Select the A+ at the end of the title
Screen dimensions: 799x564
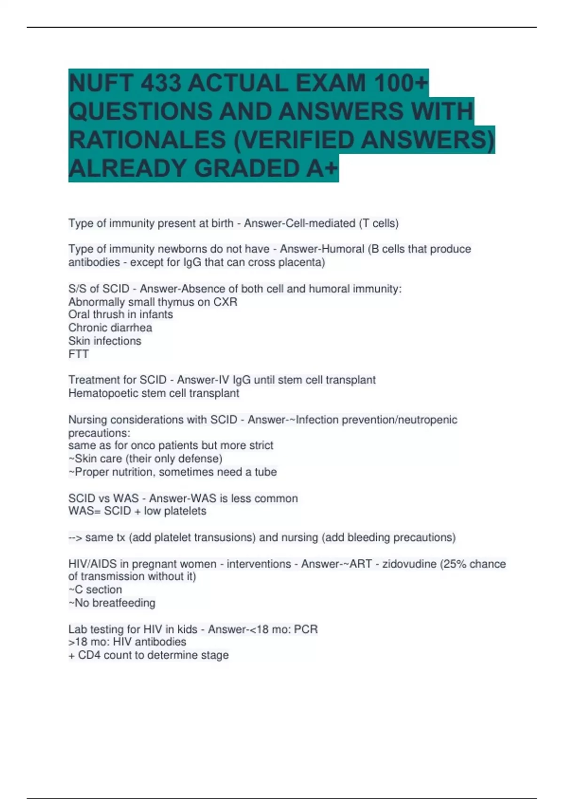(x=322, y=168)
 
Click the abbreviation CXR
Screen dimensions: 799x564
(x=225, y=302)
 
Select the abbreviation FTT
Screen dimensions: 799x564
(x=78, y=354)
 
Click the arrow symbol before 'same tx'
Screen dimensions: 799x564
(x=75, y=537)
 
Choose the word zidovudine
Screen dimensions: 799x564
(x=409, y=564)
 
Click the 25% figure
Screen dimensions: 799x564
(x=453, y=564)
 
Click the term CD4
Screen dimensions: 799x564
(x=89, y=655)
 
